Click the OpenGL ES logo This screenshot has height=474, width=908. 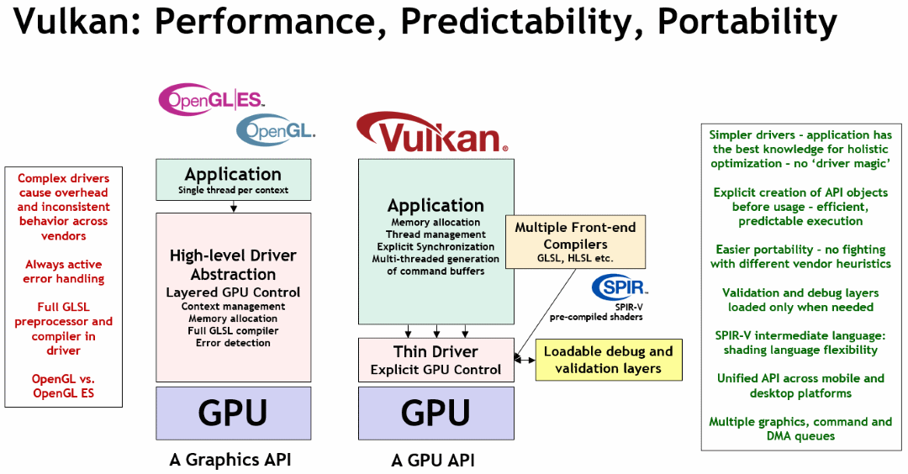pyautogui.click(x=212, y=99)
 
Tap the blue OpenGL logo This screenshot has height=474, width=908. pyautogui.click(x=276, y=130)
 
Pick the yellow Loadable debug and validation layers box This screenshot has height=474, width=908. pyautogui.click(x=609, y=360)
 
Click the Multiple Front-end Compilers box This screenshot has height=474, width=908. pyautogui.click(x=575, y=241)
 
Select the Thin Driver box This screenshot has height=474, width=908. pyautogui.click(x=436, y=360)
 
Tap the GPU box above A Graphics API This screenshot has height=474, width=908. pyautogui.click(x=233, y=413)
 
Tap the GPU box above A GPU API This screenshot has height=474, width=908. pyautogui.click(x=436, y=413)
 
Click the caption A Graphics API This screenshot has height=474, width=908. pyautogui.click(x=230, y=459)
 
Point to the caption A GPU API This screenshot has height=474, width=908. pyautogui.click(x=433, y=460)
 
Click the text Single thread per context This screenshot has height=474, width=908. pyautogui.click(x=233, y=191)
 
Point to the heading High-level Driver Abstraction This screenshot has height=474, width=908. pyautogui.click(x=233, y=265)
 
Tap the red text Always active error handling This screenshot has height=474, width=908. pyautogui.click(x=64, y=271)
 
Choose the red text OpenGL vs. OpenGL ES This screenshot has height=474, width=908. pyautogui.click(x=64, y=386)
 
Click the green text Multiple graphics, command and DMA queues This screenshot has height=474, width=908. pyautogui.click(x=800, y=429)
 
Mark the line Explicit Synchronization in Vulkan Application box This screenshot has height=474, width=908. pyautogui.click(x=436, y=247)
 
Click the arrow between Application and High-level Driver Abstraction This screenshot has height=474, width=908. pyautogui.click(x=233, y=206)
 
